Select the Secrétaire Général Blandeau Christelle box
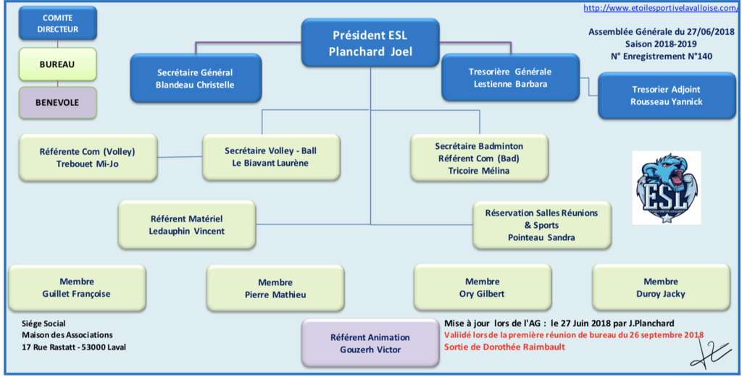tap(195, 78)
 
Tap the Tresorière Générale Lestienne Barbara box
tap(509, 77)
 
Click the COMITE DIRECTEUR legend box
tap(57, 24)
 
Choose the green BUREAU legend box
tap(57, 64)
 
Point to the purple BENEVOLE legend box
tap(57, 102)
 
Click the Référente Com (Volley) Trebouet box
tap(87, 157)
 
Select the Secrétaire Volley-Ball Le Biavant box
tap(270, 157)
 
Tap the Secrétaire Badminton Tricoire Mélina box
tap(479, 158)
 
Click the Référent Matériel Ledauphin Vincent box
tap(187, 224)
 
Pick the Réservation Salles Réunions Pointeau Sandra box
tap(541, 225)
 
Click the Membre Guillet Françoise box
tap(77, 287)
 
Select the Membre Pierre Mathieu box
tap(275, 288)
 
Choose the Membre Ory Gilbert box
tap(482, 287)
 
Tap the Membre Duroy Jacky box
tap(660, 287)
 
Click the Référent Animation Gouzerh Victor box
tap(370, 343)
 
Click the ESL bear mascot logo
tap(667, 187)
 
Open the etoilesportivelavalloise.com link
tap(661, 9)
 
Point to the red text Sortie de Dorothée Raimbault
tap(505, 347)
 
